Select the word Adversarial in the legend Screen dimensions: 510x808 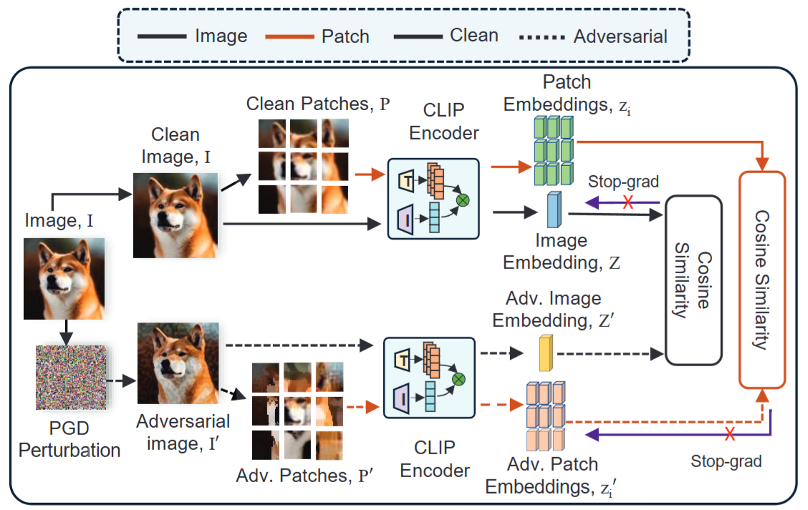[x=620, y=36]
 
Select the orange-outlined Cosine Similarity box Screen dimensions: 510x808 [x=762, y=278]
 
